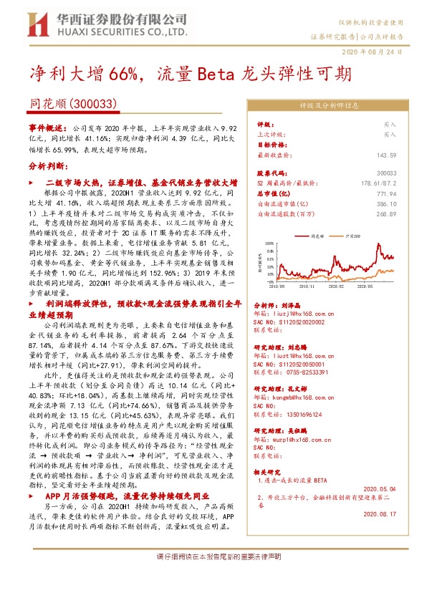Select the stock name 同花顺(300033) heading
pos(74,103)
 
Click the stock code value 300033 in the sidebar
pos(386,173)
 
